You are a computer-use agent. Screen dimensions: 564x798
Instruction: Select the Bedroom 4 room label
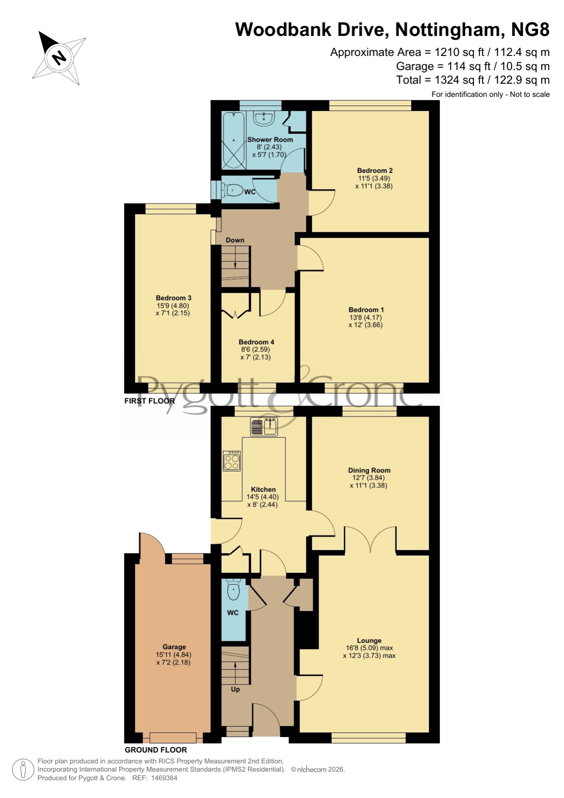(256, 342)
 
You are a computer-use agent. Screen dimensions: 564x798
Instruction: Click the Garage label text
(174, 647)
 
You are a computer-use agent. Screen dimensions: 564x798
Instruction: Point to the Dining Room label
(369, 470)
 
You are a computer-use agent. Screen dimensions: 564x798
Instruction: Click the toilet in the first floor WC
(232, 190)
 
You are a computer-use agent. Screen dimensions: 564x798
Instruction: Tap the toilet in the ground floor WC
(233, 590)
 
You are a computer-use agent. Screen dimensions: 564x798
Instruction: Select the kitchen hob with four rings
(231, 461)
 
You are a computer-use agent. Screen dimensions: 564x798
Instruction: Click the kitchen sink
(264, 427)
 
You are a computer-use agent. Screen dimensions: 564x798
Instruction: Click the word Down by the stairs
(235, 240)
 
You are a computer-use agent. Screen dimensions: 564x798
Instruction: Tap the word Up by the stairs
(235, 689)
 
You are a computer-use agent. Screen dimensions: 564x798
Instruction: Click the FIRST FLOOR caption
(150, 401)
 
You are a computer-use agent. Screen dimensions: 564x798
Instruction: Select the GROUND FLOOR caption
(156, 750)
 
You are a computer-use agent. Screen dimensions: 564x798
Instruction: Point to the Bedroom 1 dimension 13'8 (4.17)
(366, 317)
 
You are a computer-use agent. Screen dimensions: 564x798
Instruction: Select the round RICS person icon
(23, 770)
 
